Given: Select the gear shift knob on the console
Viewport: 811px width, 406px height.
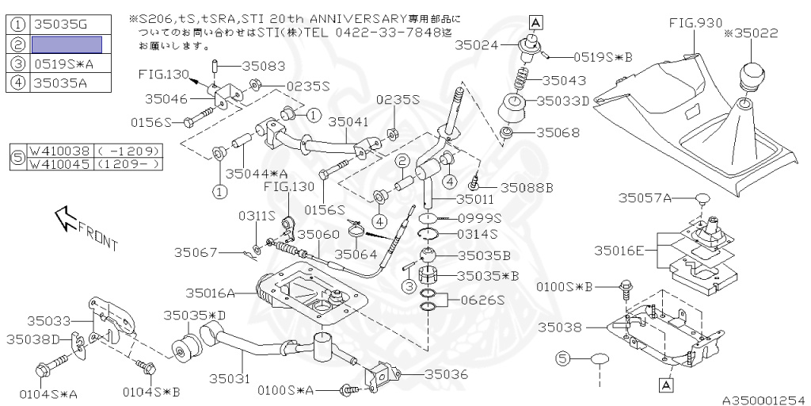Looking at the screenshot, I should pyautogui.click(x=751, y=78).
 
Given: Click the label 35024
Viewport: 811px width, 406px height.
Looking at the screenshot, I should pyautogui.click(x=477, y=46).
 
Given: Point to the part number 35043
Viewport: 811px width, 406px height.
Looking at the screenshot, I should pyautogui.click(x=565, y=81).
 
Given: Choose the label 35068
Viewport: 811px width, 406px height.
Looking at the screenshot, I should pyautogui.click(x=558, y=132).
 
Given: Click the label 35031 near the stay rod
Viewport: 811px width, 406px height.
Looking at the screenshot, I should pyautogui.click(x=229, y=380).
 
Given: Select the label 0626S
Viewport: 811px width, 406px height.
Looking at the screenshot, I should pyautogui.click(x=478, y=300).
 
